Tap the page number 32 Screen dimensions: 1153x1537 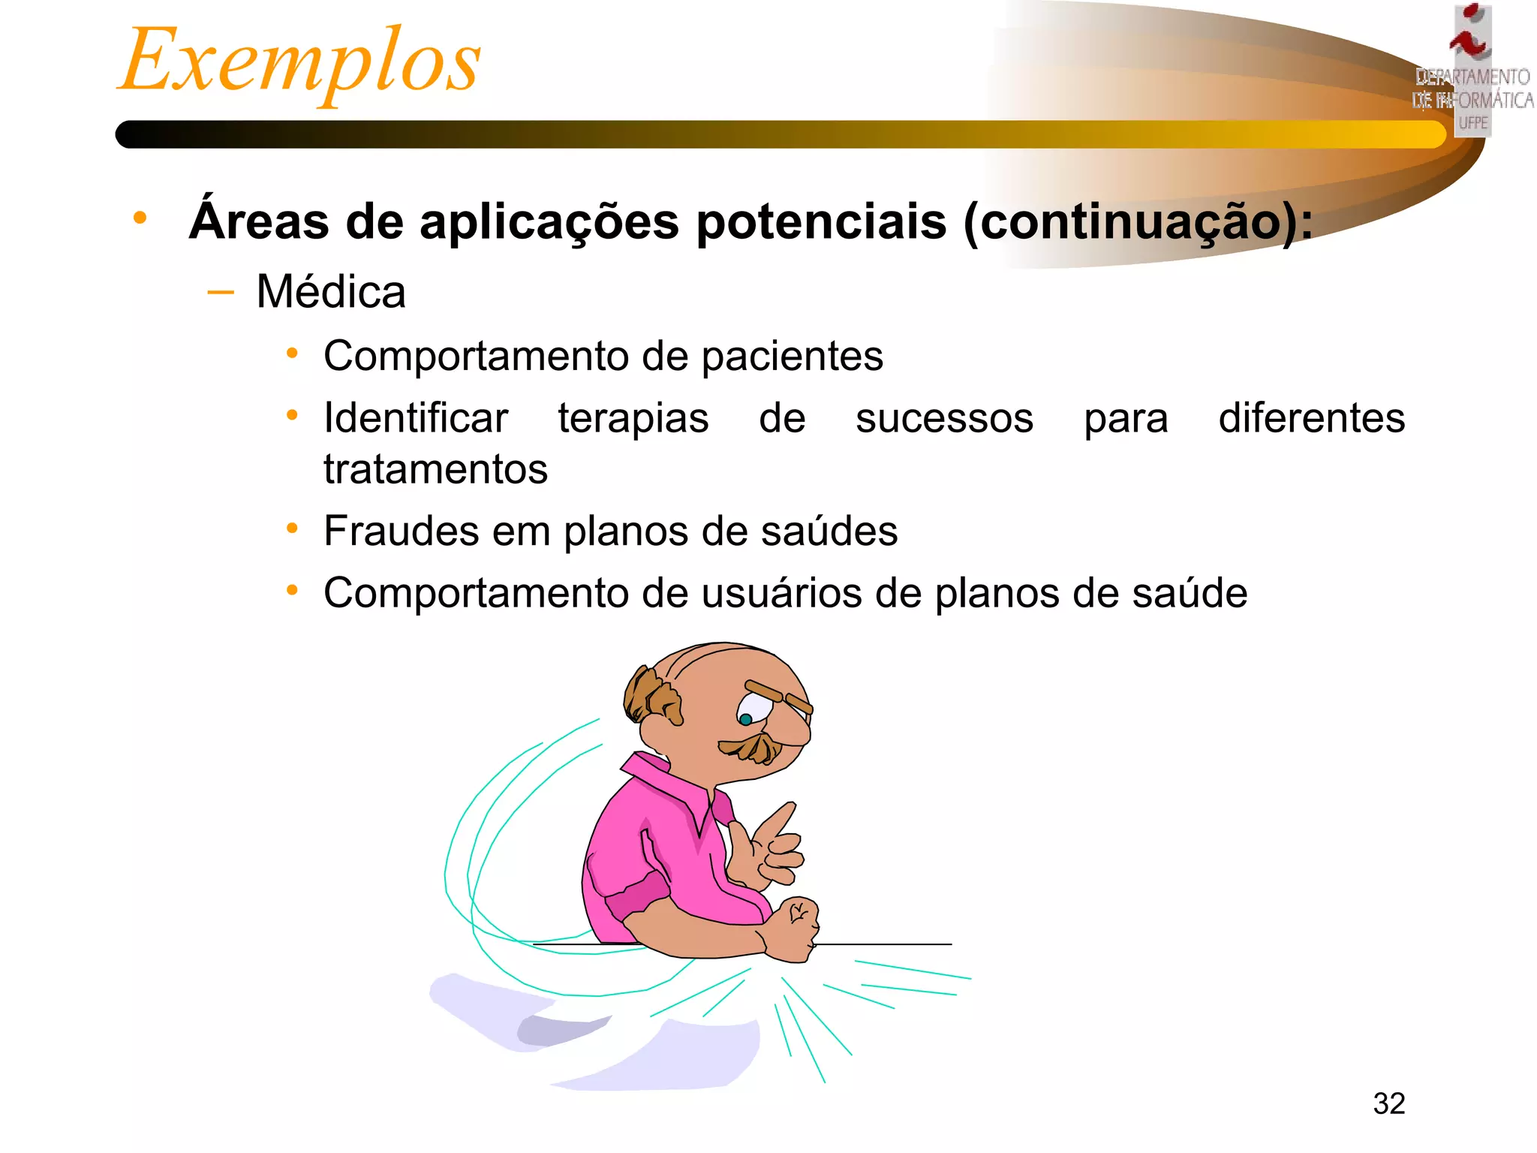click(x=1388, y=1103)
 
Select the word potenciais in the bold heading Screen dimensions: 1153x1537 click(x=821, y=222)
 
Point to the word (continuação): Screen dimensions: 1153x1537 click(x=1138, y=222)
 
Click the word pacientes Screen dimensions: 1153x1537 click(x=793, y=356)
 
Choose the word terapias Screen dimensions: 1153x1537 click(x=633, y=419)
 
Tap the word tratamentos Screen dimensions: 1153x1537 click(x=435, y=470)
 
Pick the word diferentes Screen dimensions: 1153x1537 click(x=1311, y=418)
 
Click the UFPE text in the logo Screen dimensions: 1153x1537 click(x=1473, y=122)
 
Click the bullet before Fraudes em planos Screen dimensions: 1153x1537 click(x=292, y=528)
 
